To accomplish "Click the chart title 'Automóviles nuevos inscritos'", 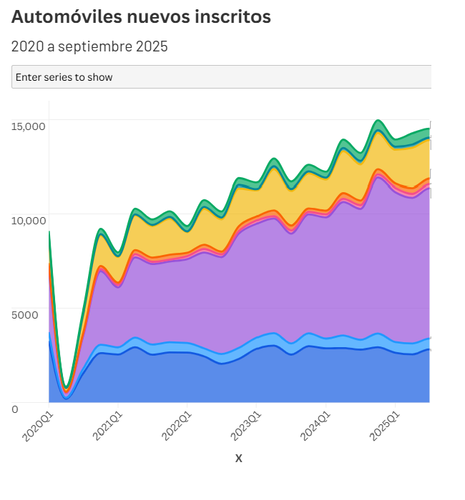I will coord(141,17).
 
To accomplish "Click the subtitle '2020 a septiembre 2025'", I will coord(89,47).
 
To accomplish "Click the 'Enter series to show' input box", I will coord(221,76).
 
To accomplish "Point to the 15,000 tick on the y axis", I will coord(29,126).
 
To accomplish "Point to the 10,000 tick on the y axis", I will coord(29,221).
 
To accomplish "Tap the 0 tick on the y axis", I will coord(15,409).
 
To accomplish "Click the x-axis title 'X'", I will coord(239,459).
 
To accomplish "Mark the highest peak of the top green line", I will coord(378,121).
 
